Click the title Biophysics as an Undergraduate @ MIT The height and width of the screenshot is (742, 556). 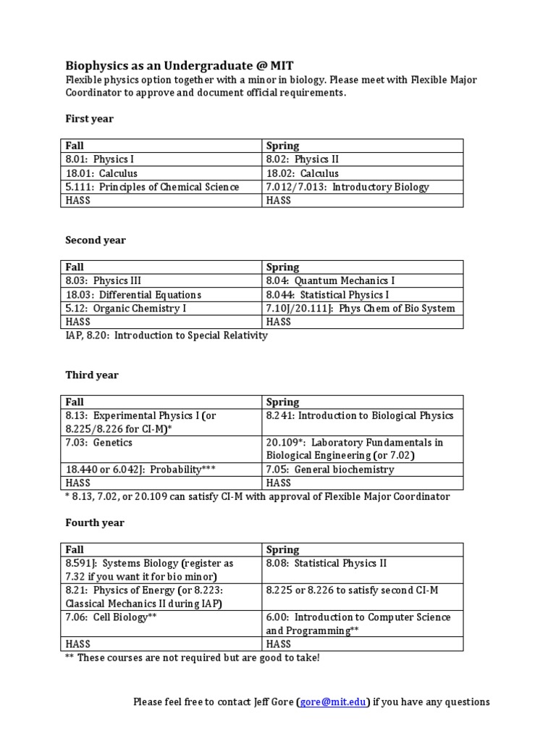point(180,64)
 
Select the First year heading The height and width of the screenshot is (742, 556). point(89,118)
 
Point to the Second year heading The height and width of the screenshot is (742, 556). point(96,240)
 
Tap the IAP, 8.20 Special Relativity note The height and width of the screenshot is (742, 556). point(167,335)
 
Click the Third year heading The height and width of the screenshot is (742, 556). point(92,375)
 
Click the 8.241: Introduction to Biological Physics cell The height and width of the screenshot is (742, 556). point(360,416)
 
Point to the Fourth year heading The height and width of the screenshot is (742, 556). point(95,522)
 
